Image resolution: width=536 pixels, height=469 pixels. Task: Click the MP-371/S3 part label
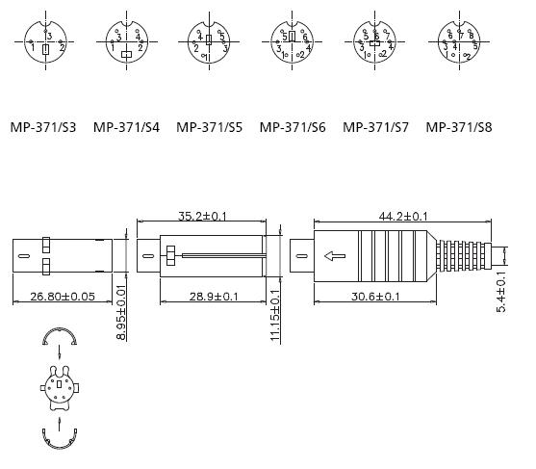[x=43, y=126]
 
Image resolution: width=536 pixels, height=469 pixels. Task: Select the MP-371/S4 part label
[x=126, y=126]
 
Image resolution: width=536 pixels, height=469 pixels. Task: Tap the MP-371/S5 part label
[x=209, y=126]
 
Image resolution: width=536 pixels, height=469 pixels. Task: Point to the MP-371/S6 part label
[x=293, y=126]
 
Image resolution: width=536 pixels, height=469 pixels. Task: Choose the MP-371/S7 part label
[x=375, y=126]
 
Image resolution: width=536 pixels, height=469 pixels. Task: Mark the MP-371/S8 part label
[x=459, y=126]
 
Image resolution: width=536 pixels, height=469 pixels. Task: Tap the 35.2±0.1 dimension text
[x=203, y=217]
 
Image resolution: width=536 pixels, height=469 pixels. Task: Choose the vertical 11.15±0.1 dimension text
[x=275, y=316]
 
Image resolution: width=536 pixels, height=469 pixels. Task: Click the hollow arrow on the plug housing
[x=336, y=256]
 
